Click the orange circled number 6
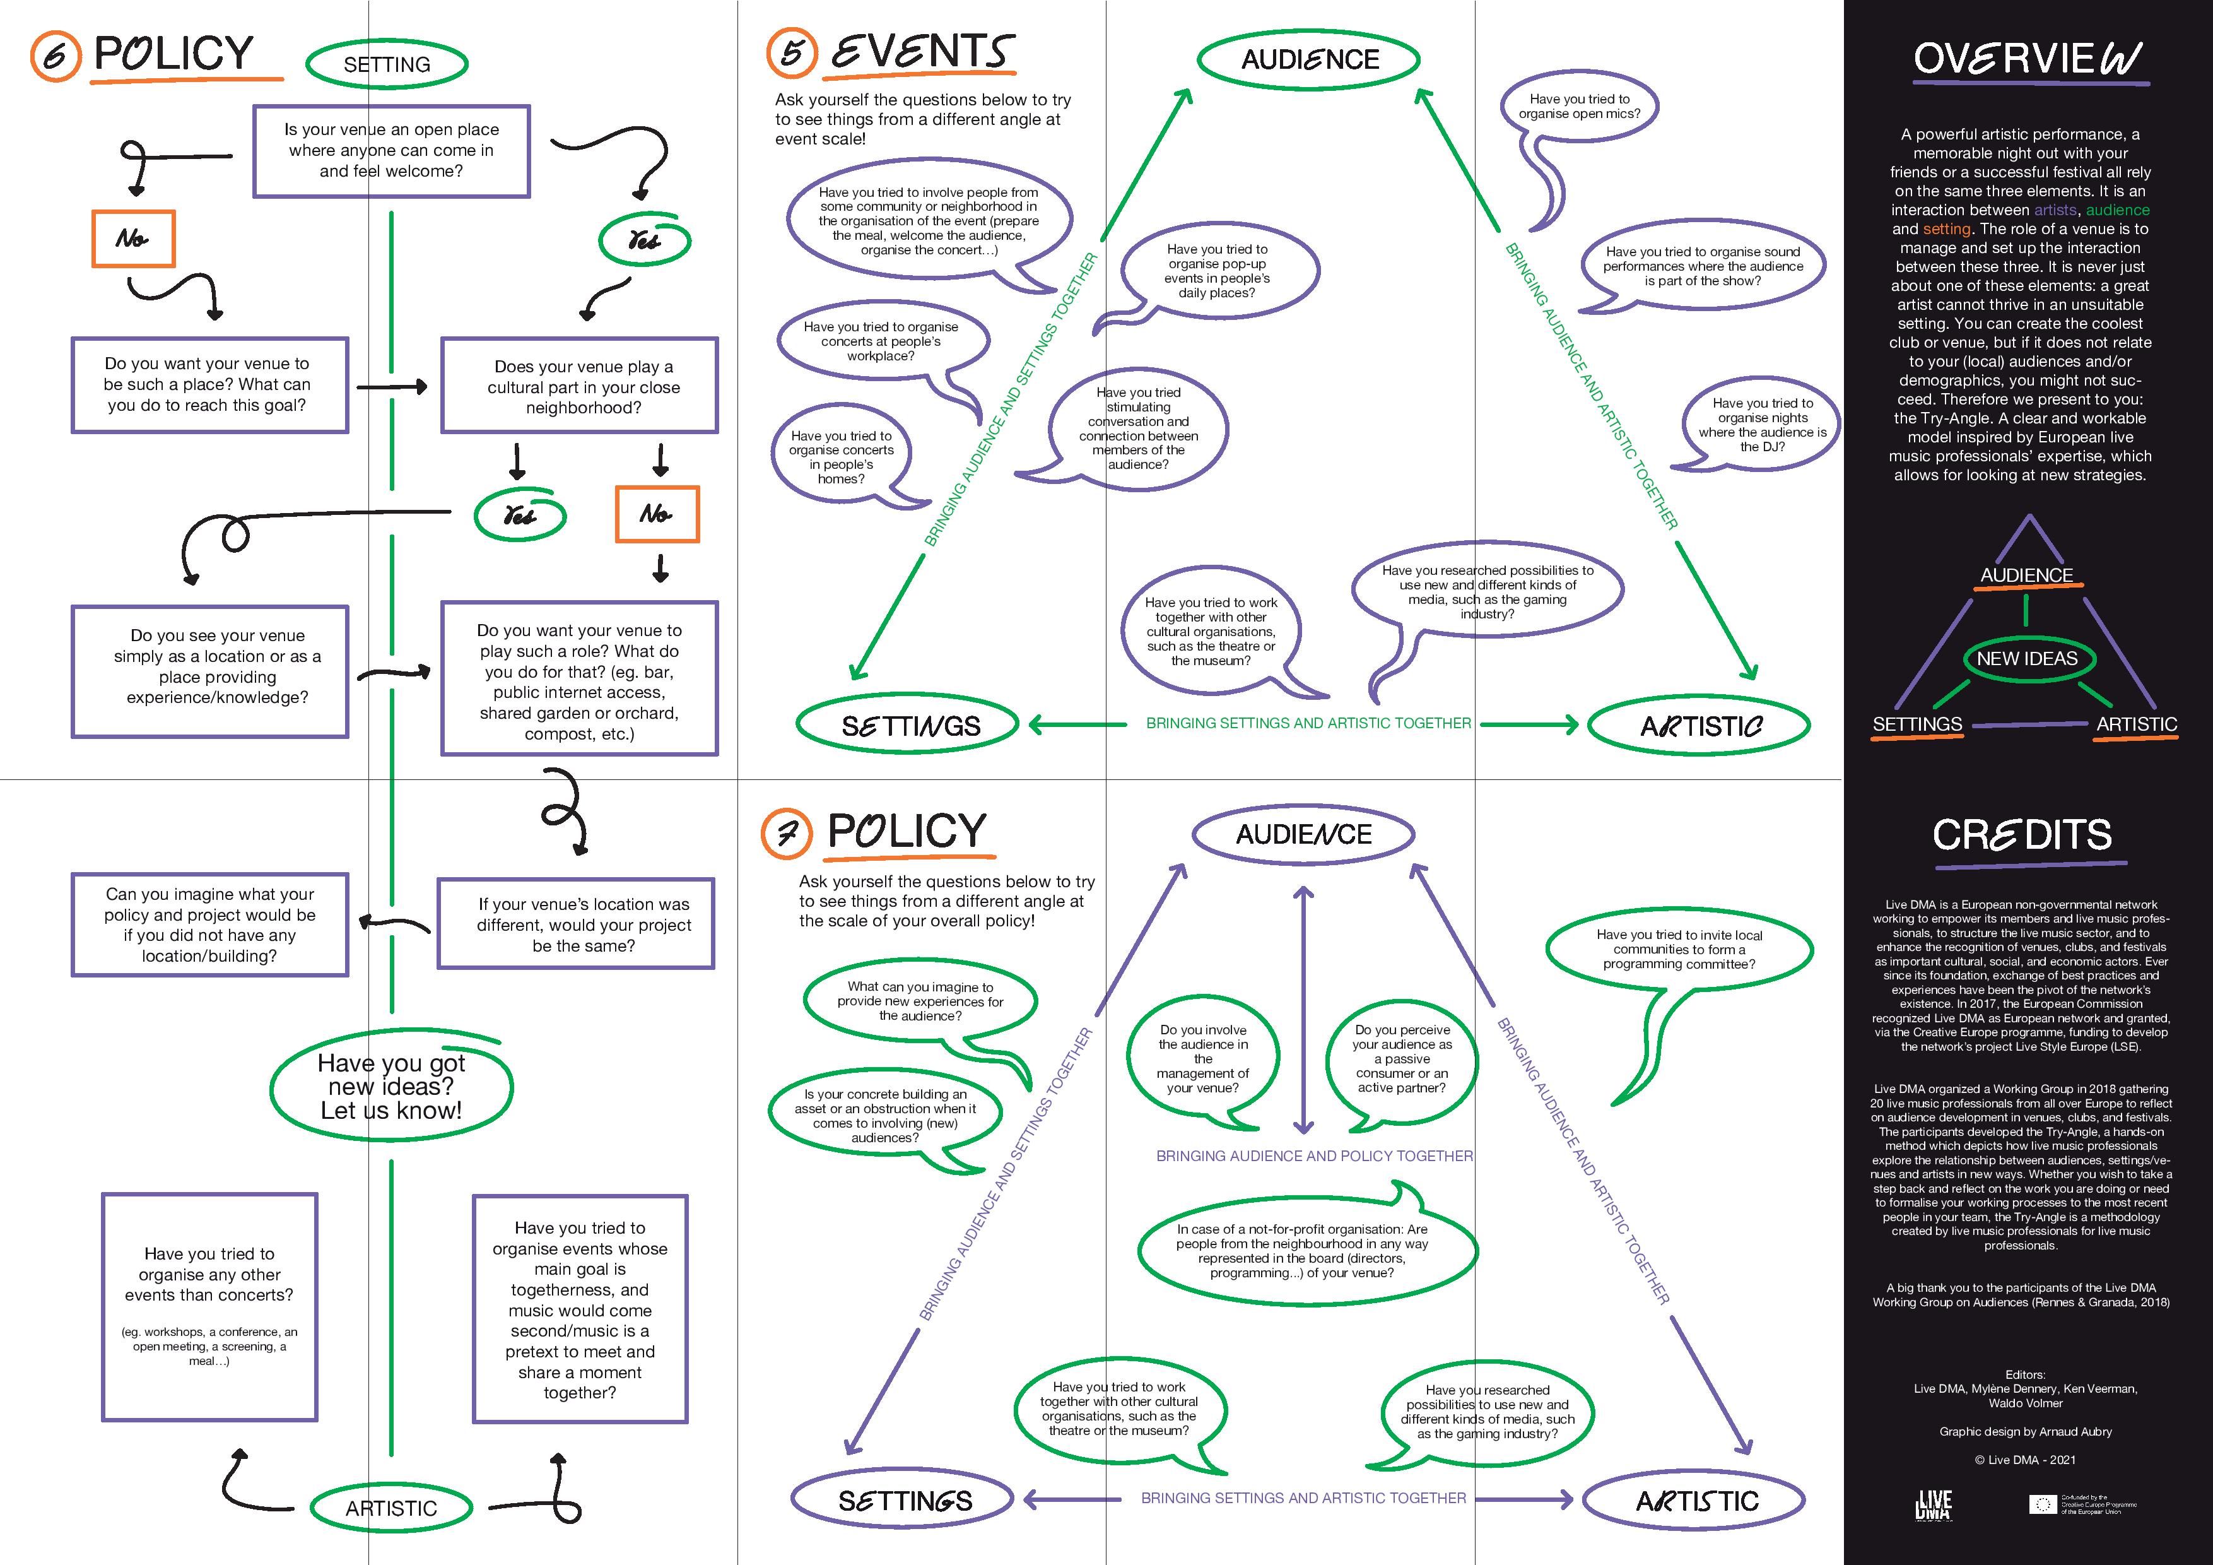55,56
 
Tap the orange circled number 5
791,52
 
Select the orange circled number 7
787,833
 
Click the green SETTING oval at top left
387,64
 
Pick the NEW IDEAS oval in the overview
2026,659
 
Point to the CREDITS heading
2022,835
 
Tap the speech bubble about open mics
1579,107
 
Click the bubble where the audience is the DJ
1762,424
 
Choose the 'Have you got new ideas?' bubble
391,1087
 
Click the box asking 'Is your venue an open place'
391,150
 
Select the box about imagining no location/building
209,924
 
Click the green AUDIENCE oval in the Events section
1309,60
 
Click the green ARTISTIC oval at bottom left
390,1508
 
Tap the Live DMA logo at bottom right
1934,1504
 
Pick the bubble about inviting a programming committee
1679,949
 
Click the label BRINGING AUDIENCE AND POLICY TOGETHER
1313,1155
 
